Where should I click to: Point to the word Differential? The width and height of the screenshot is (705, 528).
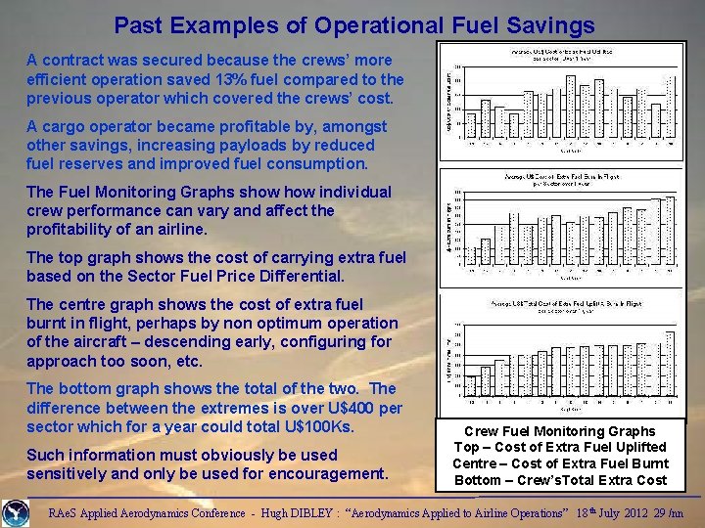pos(298,276)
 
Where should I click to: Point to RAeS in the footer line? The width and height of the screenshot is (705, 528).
pos(68,512)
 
